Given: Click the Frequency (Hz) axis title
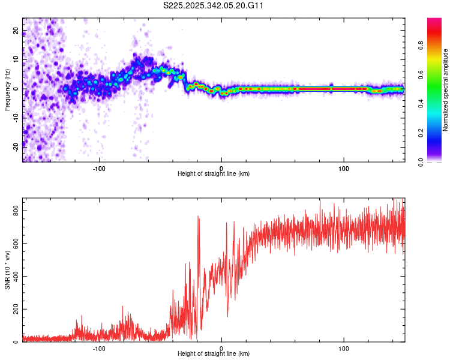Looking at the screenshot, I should (7, 90).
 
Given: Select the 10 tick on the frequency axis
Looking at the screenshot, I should (16, 59).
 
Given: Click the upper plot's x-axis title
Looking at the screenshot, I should (214, 174).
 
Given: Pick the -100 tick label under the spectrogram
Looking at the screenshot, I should (99, 167).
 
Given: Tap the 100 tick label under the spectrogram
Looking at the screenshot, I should (344, 167).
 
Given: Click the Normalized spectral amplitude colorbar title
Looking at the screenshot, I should (446, 90).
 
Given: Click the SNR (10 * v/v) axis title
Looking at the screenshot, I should (7, 269).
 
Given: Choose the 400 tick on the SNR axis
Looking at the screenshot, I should (14, 277).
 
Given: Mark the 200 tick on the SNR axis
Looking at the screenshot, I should (14, 310).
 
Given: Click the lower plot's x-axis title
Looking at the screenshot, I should (214, 354).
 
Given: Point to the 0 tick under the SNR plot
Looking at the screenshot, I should (221, 347).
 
